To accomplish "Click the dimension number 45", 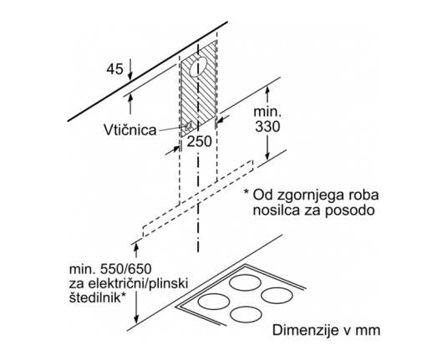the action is tap(115, 69).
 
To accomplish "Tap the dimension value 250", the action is tap(199, 141).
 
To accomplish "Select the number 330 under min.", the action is tap(267, 127).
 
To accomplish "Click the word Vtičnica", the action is tap(130, 130).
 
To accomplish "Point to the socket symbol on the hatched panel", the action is tap(188, 125).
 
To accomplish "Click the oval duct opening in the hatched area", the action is tap(198, 67).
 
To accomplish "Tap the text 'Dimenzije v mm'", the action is tap(326, 331).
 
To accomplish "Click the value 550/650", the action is tap(126, 269).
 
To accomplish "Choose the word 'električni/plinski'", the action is tap(138, 284).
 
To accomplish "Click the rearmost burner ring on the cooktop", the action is tap(245, 282).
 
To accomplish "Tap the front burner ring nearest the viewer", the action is tap(246, 315).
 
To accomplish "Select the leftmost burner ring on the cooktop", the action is tap(214, 302).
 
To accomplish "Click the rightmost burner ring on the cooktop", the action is tap(277, 296).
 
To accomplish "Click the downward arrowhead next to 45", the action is tap(130, 76).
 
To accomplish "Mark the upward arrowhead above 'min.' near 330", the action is tap(267, 91).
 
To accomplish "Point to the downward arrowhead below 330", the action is tap(267, 156).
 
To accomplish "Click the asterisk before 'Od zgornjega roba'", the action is tap(246, 192).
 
